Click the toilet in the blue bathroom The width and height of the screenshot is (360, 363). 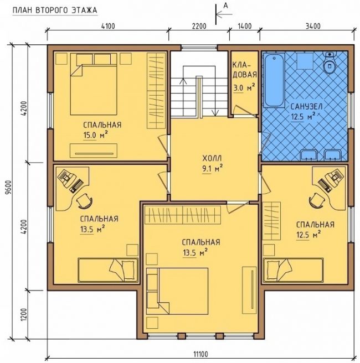329,63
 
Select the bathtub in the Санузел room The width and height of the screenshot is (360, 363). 274,81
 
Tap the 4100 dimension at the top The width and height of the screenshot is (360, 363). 108,26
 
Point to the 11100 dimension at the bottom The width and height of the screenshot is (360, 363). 201,354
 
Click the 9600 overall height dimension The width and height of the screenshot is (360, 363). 9,191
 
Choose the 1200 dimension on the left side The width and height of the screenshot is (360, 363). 24,314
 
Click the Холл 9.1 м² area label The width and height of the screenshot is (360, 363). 213,164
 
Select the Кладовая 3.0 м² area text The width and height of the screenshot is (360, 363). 245,76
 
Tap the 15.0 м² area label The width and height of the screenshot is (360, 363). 96,135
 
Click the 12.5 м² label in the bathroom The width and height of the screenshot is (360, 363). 304,116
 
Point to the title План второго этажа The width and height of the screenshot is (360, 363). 55,11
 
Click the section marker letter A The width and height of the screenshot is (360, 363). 225,6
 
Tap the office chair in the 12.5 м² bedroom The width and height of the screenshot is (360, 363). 316,200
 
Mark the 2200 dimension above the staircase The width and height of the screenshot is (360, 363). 199,26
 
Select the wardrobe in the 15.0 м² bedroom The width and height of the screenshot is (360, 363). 156,91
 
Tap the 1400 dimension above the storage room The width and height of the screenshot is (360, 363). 245,26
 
